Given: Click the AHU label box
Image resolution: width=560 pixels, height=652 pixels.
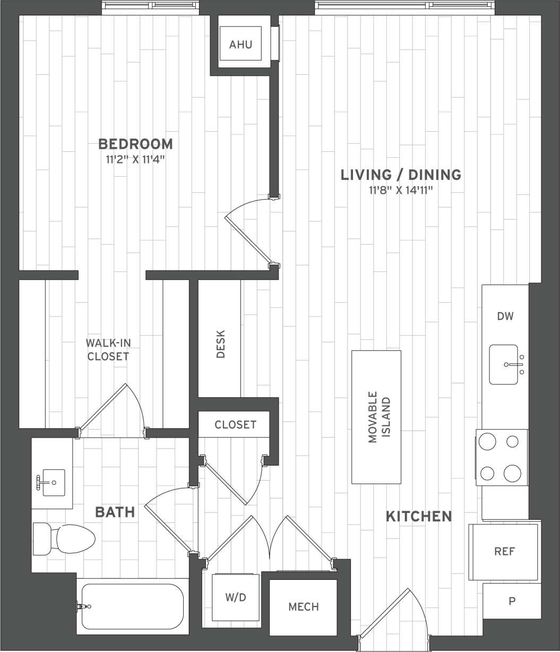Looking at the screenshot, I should coord(240,45).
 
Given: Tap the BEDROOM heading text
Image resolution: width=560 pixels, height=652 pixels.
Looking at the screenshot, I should coord(136,144).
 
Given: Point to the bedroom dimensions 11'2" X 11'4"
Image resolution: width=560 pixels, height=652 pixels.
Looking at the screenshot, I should coord(136,159).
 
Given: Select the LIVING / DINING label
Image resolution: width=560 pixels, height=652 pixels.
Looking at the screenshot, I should coord(401,174).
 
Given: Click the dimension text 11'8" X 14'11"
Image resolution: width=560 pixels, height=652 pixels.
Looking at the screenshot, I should coord(401,190).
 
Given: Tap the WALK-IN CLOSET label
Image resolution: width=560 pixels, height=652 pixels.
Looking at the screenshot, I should coord(108,349).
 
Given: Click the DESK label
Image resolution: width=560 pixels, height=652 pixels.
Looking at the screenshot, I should coord(221,344).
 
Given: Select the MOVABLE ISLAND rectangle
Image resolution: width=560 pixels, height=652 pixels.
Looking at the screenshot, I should coord(376,417).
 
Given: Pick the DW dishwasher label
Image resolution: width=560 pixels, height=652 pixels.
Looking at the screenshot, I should coord(505,316).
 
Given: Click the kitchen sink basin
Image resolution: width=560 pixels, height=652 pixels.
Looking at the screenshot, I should coord(503,364).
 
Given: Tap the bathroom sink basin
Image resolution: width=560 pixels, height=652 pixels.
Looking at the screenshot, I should coord(53,482).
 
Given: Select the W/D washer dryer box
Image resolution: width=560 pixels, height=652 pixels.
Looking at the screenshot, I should coord(236,597).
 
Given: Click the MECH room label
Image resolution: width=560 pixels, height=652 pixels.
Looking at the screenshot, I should coord(304,606).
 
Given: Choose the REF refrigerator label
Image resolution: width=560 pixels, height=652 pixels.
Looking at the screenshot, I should coord(504,552).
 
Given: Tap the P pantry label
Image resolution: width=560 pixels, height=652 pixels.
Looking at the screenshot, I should coord(512,601).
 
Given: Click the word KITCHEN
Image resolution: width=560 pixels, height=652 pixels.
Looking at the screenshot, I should coord(418,516).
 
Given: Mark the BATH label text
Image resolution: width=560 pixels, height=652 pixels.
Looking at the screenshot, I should coord(115,512).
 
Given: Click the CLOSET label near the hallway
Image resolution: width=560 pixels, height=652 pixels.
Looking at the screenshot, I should coord(235,425).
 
